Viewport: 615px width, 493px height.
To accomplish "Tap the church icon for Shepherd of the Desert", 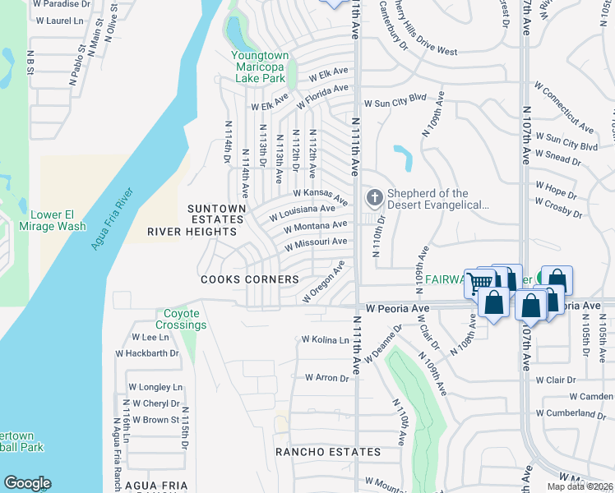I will click(374, 197).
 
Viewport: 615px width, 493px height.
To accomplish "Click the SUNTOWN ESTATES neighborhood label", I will click(216, 214).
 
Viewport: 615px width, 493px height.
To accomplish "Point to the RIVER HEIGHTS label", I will click(192, 232).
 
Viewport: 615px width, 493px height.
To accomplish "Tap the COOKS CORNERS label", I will click(250, 279).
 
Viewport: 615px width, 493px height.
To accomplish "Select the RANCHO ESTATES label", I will click(328, 452).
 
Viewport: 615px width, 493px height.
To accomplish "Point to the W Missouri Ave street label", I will click(316, 244).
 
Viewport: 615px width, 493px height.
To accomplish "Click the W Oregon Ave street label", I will click(323, 281).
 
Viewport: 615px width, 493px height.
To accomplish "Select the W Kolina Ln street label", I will click(326, 339).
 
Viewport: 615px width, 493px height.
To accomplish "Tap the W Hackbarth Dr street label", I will click(147, 352).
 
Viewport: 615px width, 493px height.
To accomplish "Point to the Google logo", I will click(27, 483).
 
